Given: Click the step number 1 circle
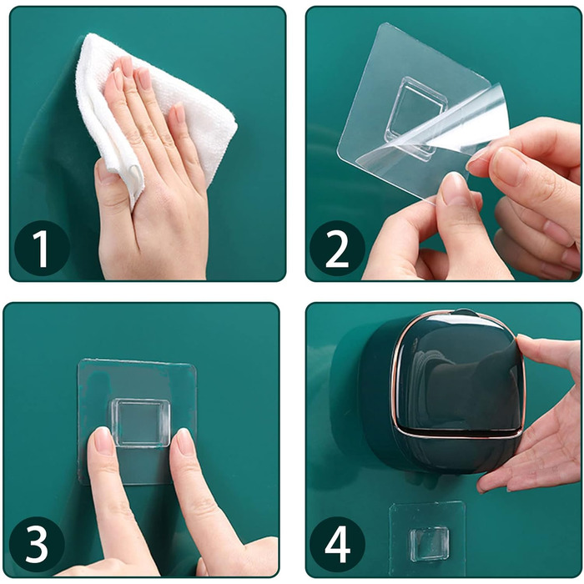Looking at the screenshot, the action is [42, 248].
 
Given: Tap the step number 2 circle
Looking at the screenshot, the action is [337, 248].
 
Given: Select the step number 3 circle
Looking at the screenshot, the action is [38, 545].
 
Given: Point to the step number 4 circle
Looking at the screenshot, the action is [337, 545].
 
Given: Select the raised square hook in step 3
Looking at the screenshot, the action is [141, 423].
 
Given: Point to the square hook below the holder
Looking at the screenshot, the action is [429, 545].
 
